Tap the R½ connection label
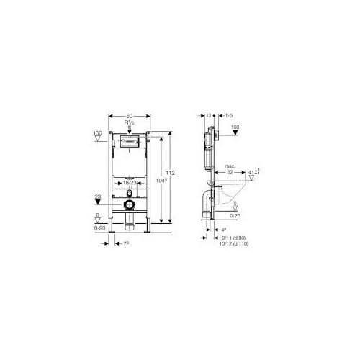tap(130, 123)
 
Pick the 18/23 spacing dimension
tap(130, 185)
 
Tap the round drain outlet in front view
tap(130, 205)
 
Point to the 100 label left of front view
tap(97, 132)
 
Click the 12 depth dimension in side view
tap(208, 116)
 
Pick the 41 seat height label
tap(253, 173)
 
